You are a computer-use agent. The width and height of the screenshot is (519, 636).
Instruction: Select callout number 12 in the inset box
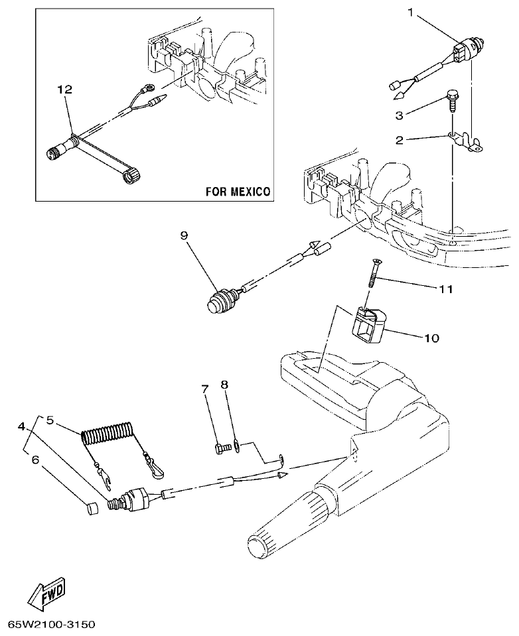click(x=64, y=88)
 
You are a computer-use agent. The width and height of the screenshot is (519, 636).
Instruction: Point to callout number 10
click(x=431, y=338)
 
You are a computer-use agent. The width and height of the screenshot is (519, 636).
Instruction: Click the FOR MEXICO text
click(x=237, y=192)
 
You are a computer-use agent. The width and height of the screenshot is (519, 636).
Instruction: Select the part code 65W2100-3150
click(x=52, y=625)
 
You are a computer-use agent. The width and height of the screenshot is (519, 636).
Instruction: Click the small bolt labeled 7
click(x=222, y=448)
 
